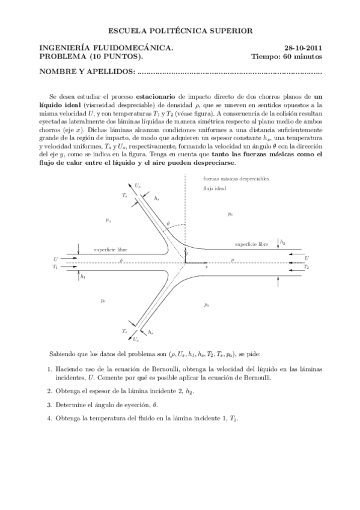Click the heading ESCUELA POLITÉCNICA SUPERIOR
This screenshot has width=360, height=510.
[x=180, y=29]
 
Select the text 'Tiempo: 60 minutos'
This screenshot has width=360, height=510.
[x=287, y=57]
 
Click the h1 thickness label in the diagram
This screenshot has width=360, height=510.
[x=83, y=277]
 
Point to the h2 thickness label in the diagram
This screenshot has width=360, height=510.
[x=282, y=242]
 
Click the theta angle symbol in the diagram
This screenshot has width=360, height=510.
[x=168, y=224]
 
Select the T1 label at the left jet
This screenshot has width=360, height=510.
[x=55, y=266]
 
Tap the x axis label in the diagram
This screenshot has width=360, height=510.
[x=206, y=266]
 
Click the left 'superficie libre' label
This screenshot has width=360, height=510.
[x=111, y=249]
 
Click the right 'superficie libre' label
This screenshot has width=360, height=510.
[x=252, y=244]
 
